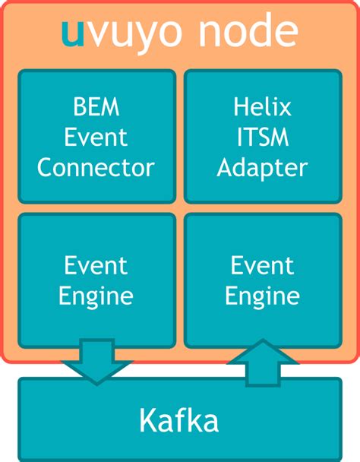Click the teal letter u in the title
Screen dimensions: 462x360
click(x=74, y=33)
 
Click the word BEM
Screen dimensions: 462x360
click(x=96, y=108)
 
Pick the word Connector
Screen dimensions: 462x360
click(x=96, y=167)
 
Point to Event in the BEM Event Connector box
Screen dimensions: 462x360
click(x=96, y=138)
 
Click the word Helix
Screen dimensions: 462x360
click(x=262, y=108)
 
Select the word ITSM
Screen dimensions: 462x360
click(x=262, y=138)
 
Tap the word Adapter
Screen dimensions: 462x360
click(x=262, y=167)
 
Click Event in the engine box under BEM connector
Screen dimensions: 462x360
click(x=96, y=266)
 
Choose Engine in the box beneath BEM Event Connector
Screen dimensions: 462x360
click(x=96, y=296)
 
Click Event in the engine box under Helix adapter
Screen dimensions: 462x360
click(x=262, y=266)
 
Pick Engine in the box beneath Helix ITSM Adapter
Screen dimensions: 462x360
click(x=262, y=296)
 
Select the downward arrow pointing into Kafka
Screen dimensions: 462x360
click(x=97, y=362)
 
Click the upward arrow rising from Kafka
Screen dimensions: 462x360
click(x=263, y=360)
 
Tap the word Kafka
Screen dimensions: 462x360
click(x=179, y=419)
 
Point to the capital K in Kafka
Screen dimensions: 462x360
click(x=148, y=419)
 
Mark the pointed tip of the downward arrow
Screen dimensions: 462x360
click(x=97, y=382)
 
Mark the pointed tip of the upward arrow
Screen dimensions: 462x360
click(x=263, y=341)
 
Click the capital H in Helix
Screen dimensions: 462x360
click(x=237, y=108)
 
